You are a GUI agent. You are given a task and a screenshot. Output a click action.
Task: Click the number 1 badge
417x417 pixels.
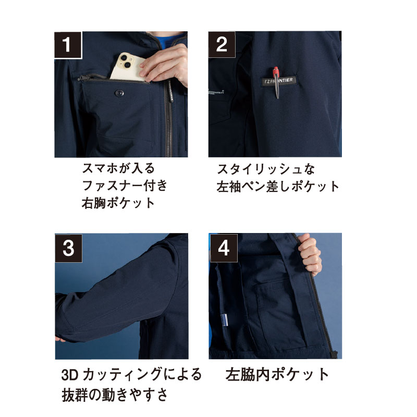coord(68,45)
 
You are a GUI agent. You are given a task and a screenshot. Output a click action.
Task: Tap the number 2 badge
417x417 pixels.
coord(222,44)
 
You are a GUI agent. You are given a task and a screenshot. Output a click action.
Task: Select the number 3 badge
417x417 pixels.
coord(68,248)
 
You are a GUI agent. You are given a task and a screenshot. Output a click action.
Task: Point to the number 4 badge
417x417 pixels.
coord(224,248)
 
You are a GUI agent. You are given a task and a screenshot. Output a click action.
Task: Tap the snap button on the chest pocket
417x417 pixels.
coord(119,93)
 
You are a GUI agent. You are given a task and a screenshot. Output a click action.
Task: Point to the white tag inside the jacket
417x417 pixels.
coord(225,320)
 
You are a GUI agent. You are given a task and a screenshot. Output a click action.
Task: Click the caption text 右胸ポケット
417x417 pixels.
coord(118,203)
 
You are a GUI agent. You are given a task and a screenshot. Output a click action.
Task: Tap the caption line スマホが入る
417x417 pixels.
coord(118,168)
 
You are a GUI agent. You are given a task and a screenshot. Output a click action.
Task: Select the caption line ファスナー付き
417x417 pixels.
coord(125,186)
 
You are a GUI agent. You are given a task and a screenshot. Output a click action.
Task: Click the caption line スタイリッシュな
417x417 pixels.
coord(266,169)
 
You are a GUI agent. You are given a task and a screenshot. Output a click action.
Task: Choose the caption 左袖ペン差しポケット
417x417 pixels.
coord(278,187)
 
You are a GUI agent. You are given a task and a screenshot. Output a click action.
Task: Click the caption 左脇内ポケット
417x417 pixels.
coord(277,374)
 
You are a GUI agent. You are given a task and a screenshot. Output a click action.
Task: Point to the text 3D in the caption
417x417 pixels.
coord(70,374)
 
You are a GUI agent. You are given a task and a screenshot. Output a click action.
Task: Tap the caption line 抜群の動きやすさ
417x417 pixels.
coord(115,395)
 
